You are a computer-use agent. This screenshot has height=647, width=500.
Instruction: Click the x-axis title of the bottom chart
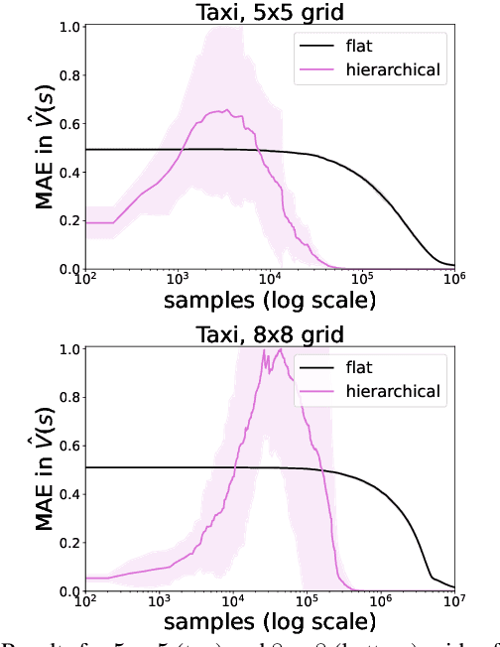pyautogui.click(x=269, y=623)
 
